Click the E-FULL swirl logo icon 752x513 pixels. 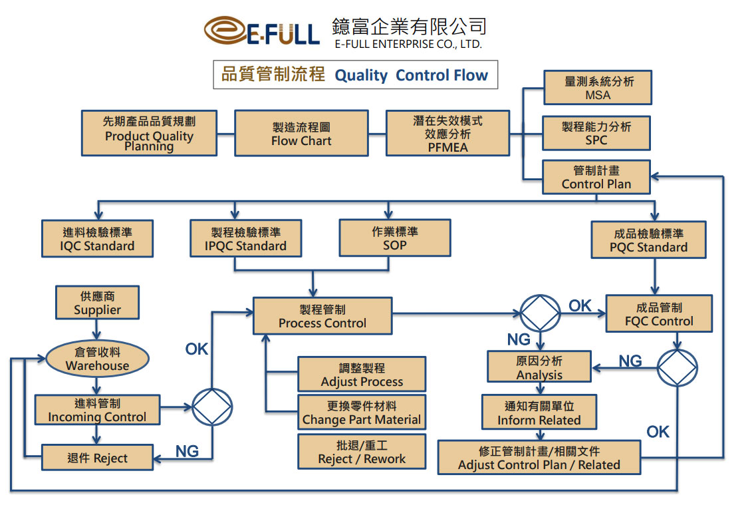[226, 31]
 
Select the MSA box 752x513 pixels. [597, 88]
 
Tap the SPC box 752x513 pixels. [596, 133]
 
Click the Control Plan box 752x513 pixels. [596, 177]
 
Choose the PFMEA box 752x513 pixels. [447, 134]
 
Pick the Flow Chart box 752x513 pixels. [301, 134]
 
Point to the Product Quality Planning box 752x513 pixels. [149, 133]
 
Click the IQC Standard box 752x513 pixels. [97, 239]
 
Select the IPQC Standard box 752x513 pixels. [245, 239]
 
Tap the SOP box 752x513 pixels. [394, 238]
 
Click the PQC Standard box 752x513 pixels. [648, 240]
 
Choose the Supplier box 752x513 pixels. [97, 303]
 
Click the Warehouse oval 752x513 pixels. [97, 359]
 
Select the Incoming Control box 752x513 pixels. [97, 410]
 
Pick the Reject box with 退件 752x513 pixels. [97, 458]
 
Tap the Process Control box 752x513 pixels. [322, 316]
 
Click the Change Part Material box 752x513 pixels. [362, 413]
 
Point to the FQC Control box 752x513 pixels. [658, 314]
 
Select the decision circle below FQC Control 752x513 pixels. [678, 367]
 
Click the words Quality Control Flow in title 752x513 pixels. [411, 75]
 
